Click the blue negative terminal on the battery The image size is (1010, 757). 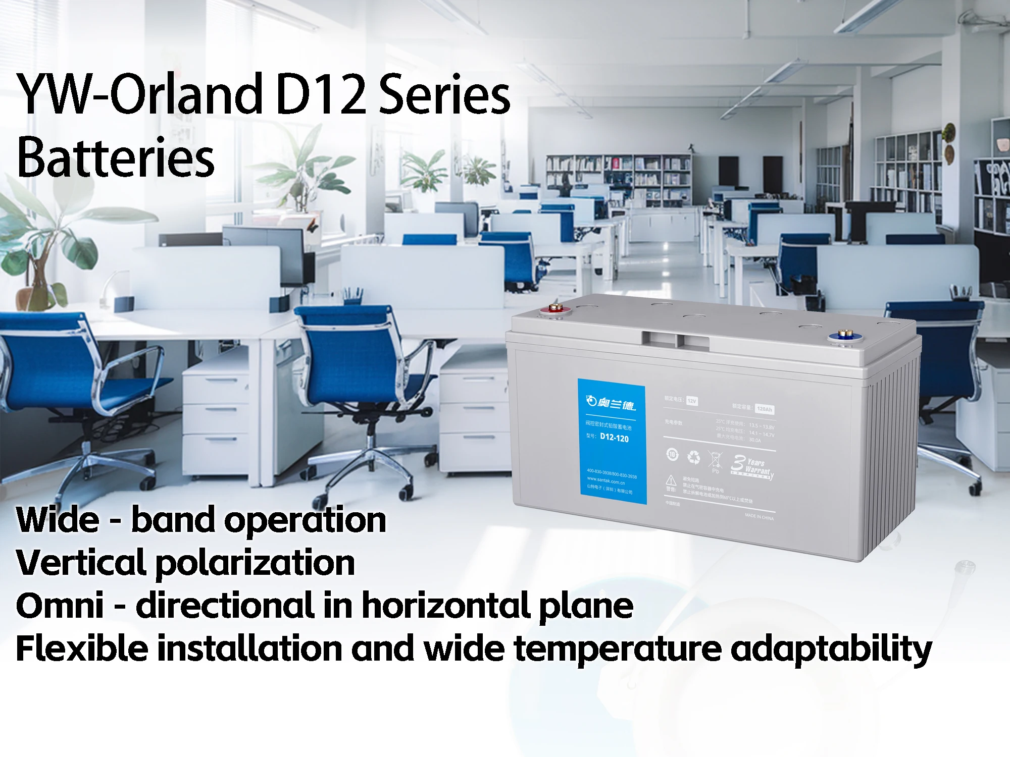(x=842, y=336)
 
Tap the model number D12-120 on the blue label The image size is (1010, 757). (x=614, y=438)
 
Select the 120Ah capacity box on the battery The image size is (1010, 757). (x=765, y=409)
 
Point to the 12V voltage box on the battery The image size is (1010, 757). (x=692, y=401)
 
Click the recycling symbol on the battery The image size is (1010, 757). (x=694, y=457)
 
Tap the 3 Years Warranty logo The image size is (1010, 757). (x=752, y=467)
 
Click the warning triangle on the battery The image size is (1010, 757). (x=671, y=480)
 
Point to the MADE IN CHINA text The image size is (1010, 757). (x=759, y=517)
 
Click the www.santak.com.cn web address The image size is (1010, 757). (x=605, y=481)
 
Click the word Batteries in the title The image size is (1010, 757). (x=116, y=157)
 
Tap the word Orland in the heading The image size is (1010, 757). (x=187, y=94)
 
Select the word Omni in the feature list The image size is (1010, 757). (x=60, y=605)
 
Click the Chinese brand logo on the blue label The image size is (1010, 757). (x=611, y=403)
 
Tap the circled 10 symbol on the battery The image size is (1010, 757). (x=673, y=454)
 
